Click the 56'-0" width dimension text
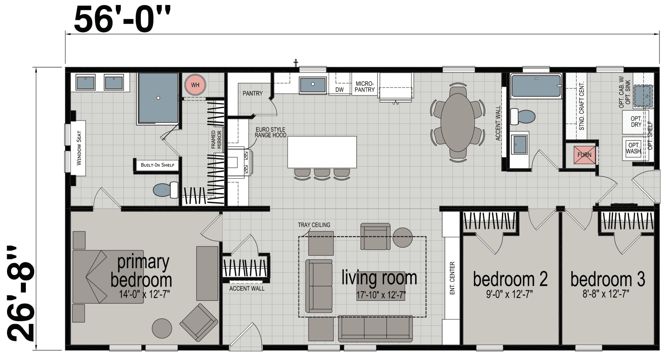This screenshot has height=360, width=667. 123,19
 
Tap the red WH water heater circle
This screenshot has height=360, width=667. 195,85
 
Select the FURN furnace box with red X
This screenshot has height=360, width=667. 584,155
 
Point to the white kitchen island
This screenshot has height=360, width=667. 322,152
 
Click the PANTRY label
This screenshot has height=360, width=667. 253,93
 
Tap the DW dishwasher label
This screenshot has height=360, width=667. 339,90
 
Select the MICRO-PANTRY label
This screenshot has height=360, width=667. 365,87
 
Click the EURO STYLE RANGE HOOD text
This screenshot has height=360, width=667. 271,132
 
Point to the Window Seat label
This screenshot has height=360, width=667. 79,148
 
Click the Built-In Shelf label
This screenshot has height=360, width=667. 157,165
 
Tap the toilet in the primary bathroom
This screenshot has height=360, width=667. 165,190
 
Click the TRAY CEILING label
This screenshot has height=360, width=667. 314,225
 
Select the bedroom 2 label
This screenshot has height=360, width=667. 510,279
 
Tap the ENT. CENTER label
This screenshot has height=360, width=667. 452,278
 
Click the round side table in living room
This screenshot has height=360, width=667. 402,237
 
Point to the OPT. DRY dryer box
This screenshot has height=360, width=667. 636,122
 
